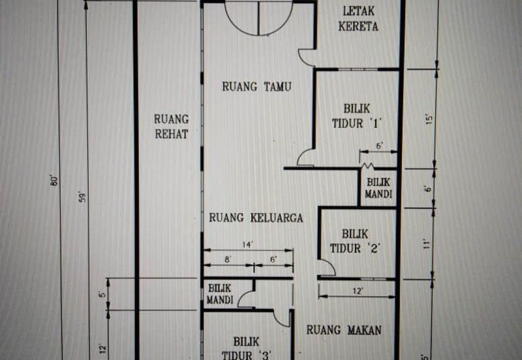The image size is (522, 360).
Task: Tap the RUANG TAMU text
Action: (x=256, y=86)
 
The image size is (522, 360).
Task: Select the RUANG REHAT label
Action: (x=172, y=127)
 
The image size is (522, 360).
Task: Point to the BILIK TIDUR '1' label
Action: (x=356, y=115)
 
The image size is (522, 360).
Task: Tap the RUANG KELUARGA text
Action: (x=256, y=218)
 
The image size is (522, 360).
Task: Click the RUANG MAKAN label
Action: (x=344, y=330)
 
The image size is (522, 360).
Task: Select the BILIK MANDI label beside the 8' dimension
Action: (x=221, y=293)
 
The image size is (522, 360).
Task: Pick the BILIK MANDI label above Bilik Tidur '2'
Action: (x=379, y=188)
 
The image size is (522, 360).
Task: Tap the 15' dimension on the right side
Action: (x=429, y=120)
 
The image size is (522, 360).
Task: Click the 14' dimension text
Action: (x=247, y=245)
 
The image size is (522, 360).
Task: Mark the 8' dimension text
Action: (x=227, y=260)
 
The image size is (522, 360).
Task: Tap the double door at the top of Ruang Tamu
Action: (x=259, y=18)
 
